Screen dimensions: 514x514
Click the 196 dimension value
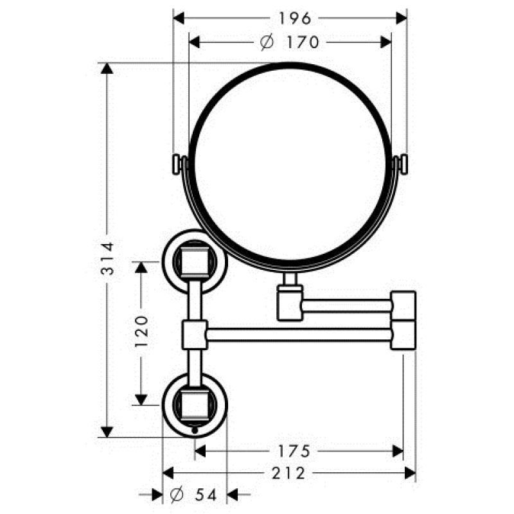(x=294, y=19)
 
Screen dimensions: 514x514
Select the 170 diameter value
(x=303, y=42)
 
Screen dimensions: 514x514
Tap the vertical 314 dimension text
(x=107, y=258)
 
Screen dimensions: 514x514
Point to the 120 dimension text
(x=141, y=332)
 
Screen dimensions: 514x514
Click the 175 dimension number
(x=294, y=451)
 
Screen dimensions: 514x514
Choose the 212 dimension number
(x=288, y=473)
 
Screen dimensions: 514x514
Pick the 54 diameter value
(x=206, y=495)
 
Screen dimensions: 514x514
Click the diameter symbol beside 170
(x=267, y=42)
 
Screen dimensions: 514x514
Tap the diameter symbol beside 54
(x=177, y=495)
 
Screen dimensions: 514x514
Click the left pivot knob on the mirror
(x=177, y=164)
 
